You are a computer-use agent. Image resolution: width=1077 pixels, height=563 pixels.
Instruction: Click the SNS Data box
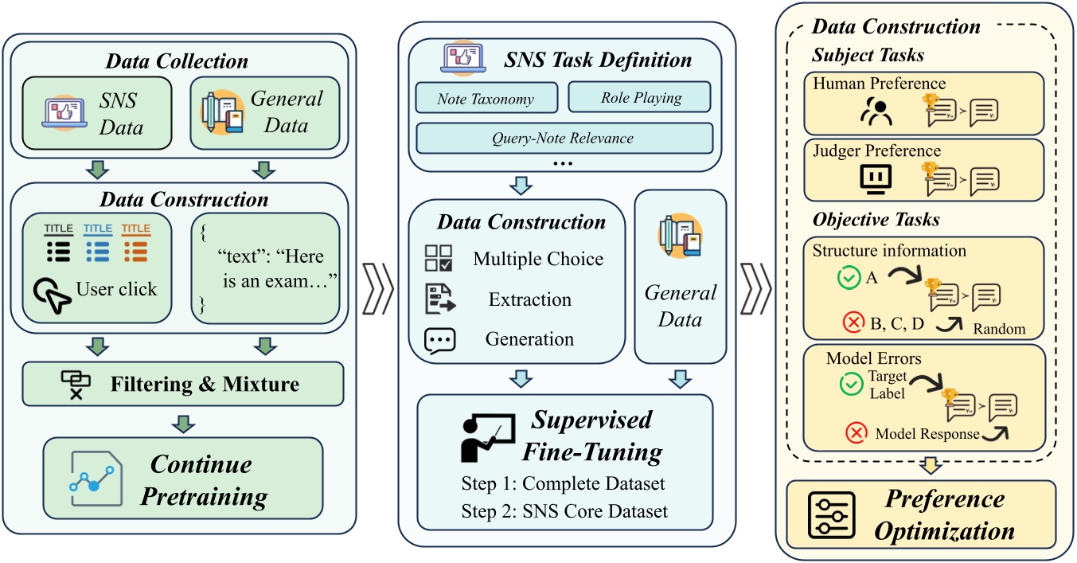tap(97, 113)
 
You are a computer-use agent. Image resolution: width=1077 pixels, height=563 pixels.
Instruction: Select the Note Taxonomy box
tap(485, 99)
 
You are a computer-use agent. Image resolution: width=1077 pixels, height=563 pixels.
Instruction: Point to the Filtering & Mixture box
tap(184, 384)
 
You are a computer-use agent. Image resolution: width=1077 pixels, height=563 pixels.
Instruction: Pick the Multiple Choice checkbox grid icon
tap(439, 259)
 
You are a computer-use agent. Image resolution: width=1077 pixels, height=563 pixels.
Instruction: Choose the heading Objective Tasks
tap(864, 218)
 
